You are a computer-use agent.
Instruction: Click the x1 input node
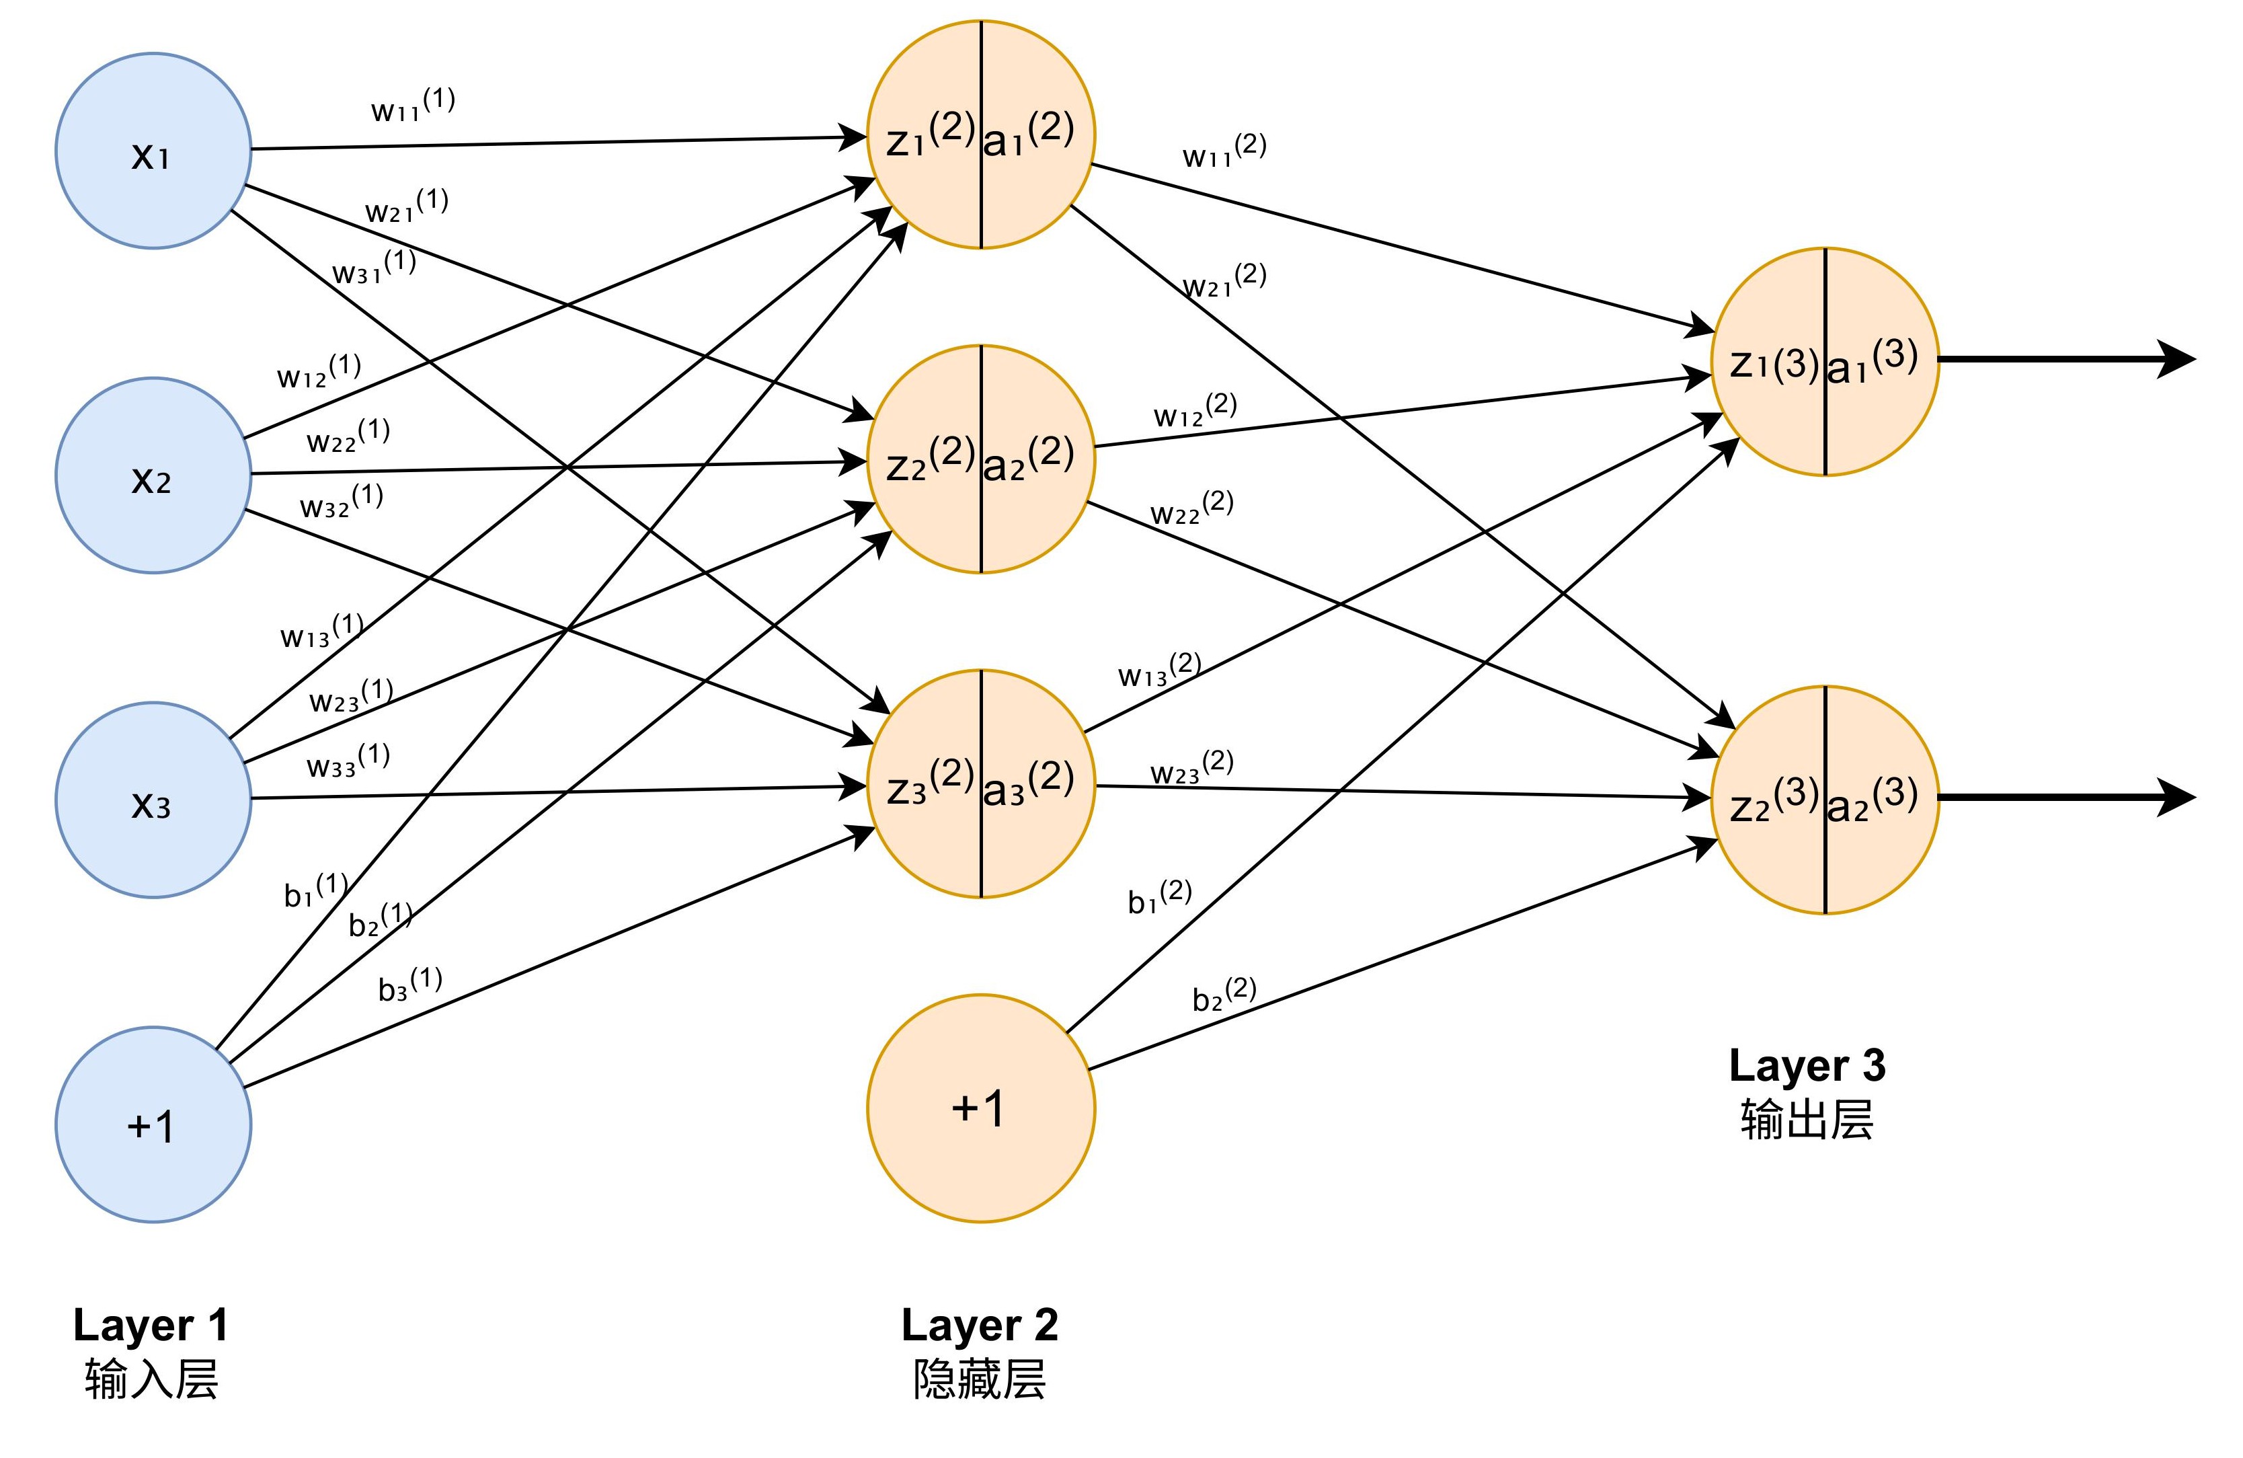click(153, 151)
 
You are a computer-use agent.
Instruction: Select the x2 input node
click(153, 476)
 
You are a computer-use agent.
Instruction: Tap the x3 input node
click(153, 800)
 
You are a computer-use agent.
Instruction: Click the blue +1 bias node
click(153, 1124)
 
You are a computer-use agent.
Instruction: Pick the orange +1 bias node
click(980, 1108)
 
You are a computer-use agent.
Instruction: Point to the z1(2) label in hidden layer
click(929, 135)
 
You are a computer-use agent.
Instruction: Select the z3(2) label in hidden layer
click(929, 784)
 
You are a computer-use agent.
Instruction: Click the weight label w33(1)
click(348, 761)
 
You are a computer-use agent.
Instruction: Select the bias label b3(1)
click(410, 984)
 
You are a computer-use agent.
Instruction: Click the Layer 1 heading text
click(151, 1325)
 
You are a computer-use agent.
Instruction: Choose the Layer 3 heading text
click(1807, 1066)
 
